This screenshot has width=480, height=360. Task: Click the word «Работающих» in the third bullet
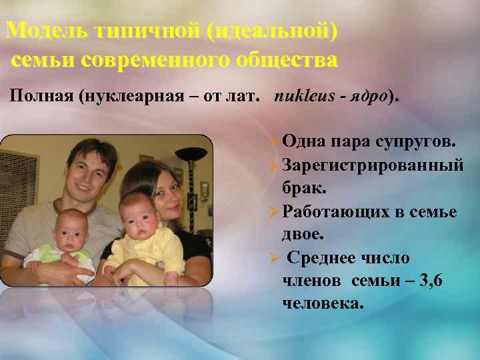335,211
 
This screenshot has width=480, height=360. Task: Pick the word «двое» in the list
303,234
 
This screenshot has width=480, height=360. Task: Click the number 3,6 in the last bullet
429,281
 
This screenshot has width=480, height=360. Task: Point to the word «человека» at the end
323,304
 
